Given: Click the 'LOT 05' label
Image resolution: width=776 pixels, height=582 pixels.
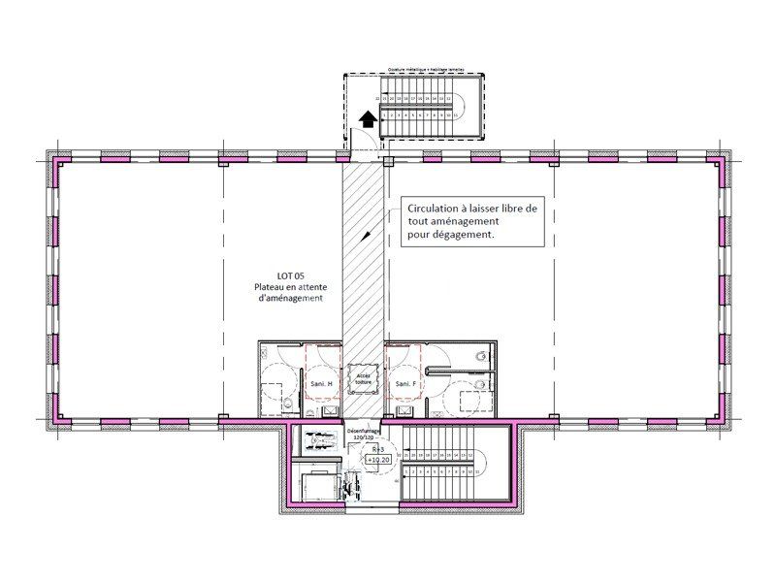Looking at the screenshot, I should pos(290,275).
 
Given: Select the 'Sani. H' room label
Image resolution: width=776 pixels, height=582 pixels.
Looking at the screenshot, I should pos(320,385).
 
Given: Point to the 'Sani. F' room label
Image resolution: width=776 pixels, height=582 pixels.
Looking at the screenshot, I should pos(405,385).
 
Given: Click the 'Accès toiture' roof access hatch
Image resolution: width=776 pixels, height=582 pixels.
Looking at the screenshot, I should pos(363,377).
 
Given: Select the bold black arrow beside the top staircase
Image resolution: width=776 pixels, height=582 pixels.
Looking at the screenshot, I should pos(368,118).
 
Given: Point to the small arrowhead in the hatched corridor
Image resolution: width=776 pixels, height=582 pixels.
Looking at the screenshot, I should pos(366,234).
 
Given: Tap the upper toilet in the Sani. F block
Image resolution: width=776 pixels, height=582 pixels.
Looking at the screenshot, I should pos(479,356).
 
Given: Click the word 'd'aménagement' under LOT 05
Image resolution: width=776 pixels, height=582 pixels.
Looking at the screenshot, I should pos(290,299).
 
